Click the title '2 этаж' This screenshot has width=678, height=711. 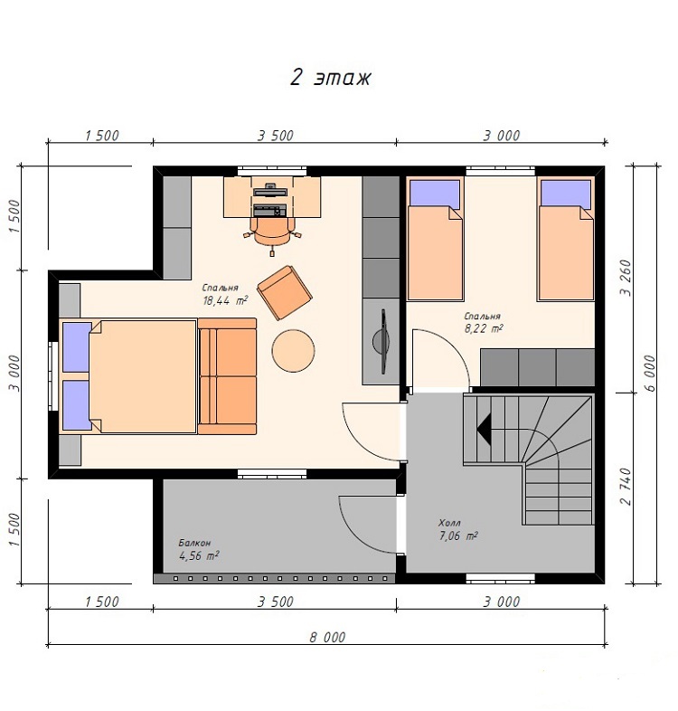pyautogui.click(x=330, y=78)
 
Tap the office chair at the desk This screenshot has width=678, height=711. pyautogui.click(x=272, y=233)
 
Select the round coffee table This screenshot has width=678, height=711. pyautogui.click(x=293, y=350)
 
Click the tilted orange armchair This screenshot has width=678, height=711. pyautogui.click(x=285, y=292)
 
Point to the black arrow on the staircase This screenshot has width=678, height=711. pyautogui.click(x=484, y=430)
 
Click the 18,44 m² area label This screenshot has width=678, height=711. pyautogui.click(x=225, y=300)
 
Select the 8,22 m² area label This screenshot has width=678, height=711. pyautogui.click(x=484, y=328)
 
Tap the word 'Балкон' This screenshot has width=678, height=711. pyautogui.click(x=194, y=543)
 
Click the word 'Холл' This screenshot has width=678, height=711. pyautogui.click(x=449, y=522)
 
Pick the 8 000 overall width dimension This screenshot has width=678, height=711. pyautogui.click(x=327, y=637)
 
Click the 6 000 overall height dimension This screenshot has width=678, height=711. pyautogui.click(x=649, y=374)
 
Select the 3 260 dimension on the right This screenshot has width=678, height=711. pyautogui.click(x=626, y=278)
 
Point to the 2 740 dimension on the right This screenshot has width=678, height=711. pyautogui.click(x=626, y=487)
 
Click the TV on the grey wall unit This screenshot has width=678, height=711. pyautogui.click(x=381, y=341)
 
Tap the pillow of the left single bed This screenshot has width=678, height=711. pyautogui.click(x=435, y=194)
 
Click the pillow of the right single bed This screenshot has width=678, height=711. pyautogui.click(x=566, y=194)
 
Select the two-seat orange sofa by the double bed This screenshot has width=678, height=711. pyautogui.click(x=227, y=376)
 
